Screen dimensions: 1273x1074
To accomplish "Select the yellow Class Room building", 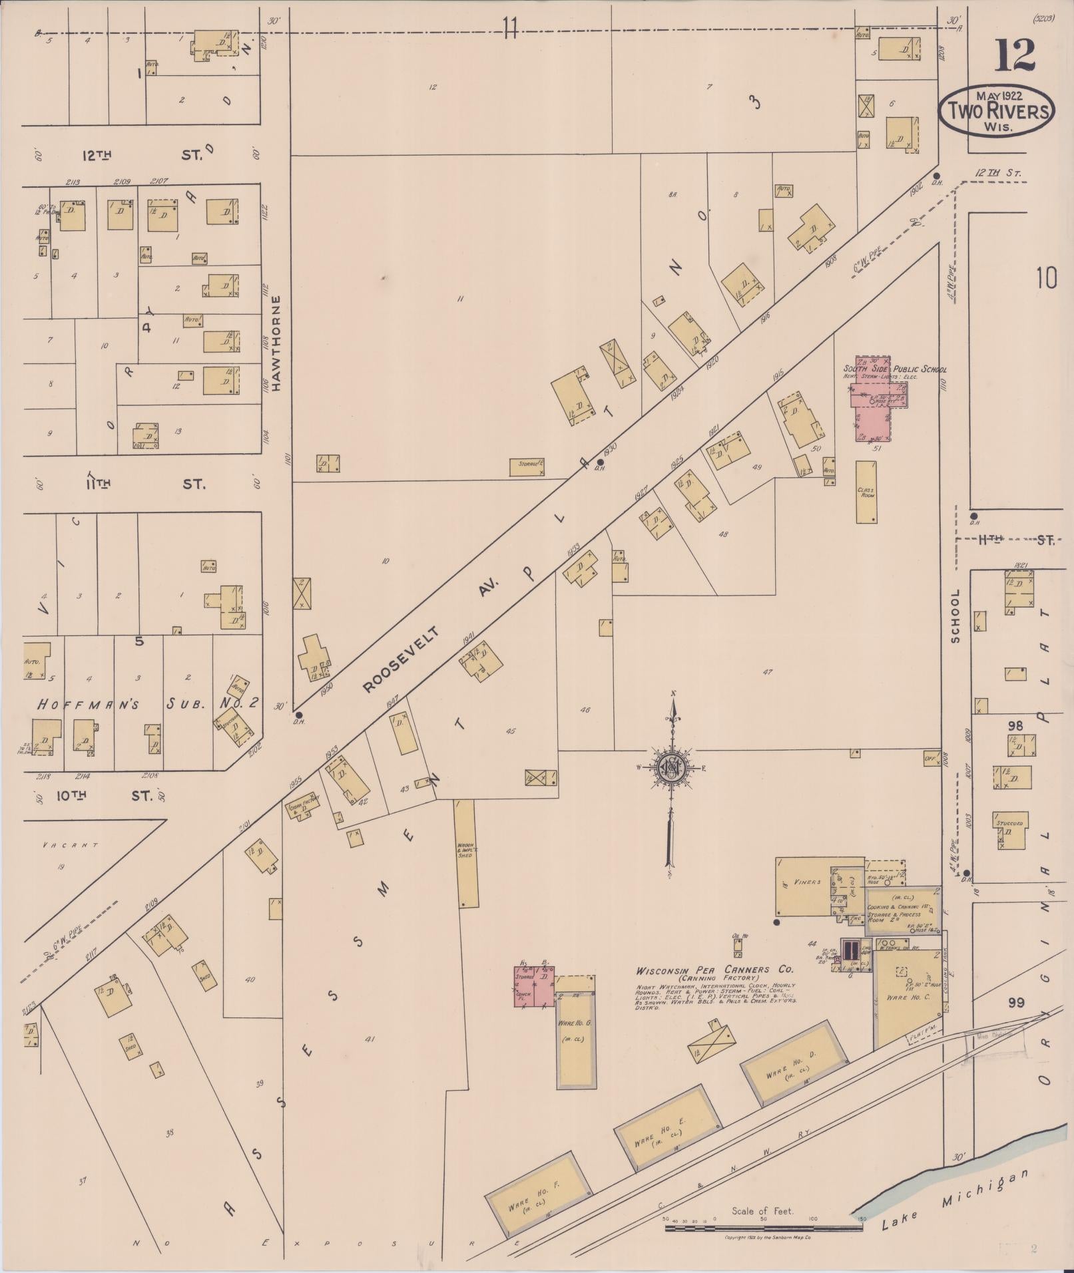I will point(866,492).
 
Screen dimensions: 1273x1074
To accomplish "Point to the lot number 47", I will point(767,672).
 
